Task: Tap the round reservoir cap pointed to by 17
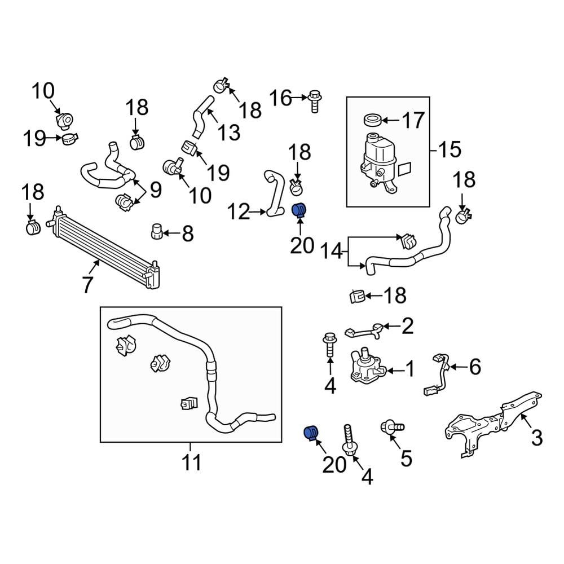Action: pos(372,120)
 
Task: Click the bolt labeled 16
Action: pos(315,102)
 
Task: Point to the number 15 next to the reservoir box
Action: pos(449,150)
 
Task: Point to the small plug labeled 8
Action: pos(156,231)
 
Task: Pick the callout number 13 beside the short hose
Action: pos(229,133)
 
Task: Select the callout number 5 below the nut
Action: pos(406,458)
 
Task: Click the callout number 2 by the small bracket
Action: pos(407,325)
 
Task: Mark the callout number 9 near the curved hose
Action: pos(155,189)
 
